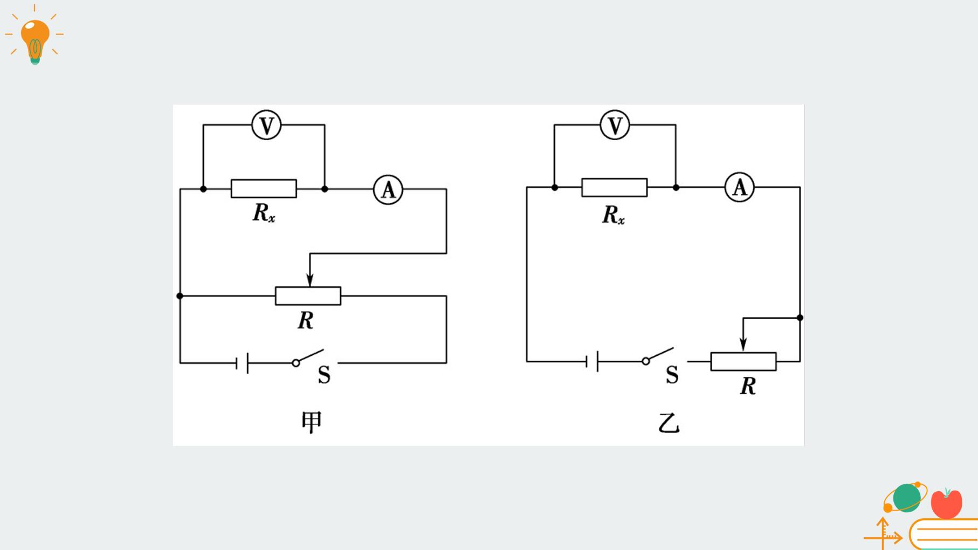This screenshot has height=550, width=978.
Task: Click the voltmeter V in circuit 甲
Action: point(266,125)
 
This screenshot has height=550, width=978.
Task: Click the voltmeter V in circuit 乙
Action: point(615,125)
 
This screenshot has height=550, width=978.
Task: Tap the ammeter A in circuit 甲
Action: point(388,190)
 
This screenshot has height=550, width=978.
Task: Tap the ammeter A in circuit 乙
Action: point(739,188)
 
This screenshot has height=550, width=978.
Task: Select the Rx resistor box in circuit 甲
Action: point(264,189)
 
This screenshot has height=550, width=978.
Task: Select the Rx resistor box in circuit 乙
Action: point(615,188)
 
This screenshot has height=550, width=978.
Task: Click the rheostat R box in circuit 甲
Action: point(308,296)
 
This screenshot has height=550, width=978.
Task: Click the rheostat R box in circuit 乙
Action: point(743,361)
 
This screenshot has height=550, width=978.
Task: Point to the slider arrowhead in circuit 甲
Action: point(310,279)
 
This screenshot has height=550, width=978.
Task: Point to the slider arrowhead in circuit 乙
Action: point(743,345)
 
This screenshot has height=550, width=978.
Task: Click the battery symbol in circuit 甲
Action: point(242,363)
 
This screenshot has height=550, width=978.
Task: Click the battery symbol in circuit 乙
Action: point(592,361)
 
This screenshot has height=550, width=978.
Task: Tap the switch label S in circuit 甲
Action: point(324,375)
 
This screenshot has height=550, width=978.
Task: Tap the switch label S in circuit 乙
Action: point(672,374)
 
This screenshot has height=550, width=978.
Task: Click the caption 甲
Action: point(311,422)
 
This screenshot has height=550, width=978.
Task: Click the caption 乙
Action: point(669,423)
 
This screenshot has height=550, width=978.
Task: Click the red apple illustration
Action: point(946,503)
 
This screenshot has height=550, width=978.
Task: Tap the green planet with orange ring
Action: point(906,497)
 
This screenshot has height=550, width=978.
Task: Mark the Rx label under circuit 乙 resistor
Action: point(614,215)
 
